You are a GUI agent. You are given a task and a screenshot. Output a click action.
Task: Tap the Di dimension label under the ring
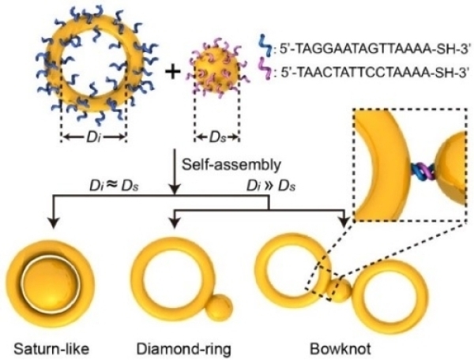[x=93, y=137]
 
